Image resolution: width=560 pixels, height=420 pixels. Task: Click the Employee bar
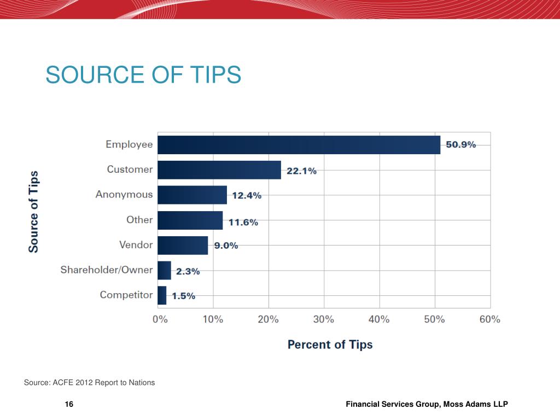299,145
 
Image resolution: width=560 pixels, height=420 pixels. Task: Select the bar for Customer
219,170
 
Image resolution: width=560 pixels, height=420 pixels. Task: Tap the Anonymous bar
192,195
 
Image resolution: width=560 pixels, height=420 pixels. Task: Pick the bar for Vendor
183,245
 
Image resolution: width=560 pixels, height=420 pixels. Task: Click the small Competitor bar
162,295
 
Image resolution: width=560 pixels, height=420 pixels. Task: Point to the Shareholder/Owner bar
164,270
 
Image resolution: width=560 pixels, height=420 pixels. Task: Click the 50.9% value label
461,145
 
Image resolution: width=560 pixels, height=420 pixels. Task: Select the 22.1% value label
301,171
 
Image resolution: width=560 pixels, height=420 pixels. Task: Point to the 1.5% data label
184,296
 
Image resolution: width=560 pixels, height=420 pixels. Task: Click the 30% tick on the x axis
324,319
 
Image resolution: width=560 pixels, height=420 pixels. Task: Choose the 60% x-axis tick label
489,319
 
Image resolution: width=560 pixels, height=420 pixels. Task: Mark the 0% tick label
160,319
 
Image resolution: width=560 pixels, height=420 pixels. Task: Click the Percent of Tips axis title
330,345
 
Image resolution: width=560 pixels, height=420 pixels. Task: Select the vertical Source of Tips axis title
34,212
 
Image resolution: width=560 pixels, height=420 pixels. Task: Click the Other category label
139,220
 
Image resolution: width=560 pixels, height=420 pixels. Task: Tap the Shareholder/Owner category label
107,270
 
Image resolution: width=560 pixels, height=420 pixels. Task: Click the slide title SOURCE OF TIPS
143,75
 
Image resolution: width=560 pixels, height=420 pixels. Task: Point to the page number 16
69,404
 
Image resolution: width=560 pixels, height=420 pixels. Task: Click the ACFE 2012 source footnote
89,383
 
